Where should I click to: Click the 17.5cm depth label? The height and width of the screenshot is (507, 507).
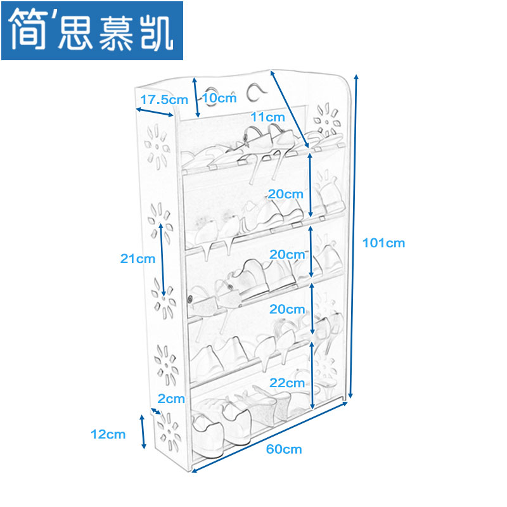tap(164, 99)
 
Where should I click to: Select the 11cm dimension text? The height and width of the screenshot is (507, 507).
tap(267, 117)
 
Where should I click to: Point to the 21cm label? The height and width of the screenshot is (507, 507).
tap(138, 258)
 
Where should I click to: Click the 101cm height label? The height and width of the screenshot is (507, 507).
tap(383, 242)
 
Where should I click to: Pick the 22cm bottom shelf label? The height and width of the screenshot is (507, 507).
tap(286, 383)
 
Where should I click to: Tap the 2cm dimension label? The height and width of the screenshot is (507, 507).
tap(171, 399)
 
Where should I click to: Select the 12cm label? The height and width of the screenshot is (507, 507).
tap(108, 434)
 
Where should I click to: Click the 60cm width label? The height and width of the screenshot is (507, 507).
tap(284, 449)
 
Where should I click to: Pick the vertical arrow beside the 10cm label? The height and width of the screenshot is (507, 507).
tap(196, 98)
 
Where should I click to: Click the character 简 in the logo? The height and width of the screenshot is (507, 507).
tap(30, 30)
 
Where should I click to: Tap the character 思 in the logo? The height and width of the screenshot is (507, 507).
tap(75, 32)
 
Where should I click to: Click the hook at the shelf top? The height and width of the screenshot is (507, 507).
tap(255, 93)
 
